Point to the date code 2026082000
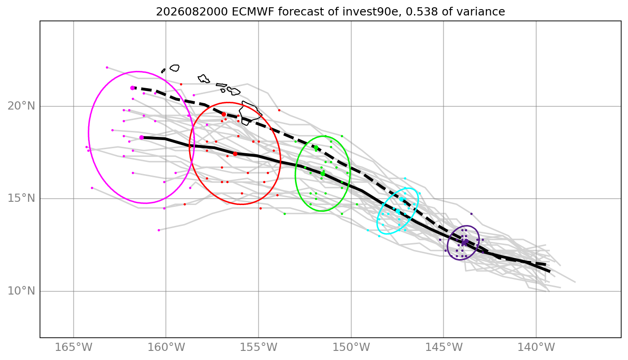(192, 12)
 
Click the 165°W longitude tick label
(74, 347)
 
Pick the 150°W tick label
(351, 347)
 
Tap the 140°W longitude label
(536, 347)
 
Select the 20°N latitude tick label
(21, 106)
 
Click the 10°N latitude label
(21, 291)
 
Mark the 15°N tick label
(21, 199)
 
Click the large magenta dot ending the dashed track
(133, 88)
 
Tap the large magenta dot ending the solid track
(142, 138)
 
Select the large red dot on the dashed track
(224, 115)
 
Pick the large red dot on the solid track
(235, 154)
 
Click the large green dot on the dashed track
(316, 147)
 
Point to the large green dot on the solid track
(323, 174)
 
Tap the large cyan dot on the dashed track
(401, 200)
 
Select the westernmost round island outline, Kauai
(174, 68)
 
